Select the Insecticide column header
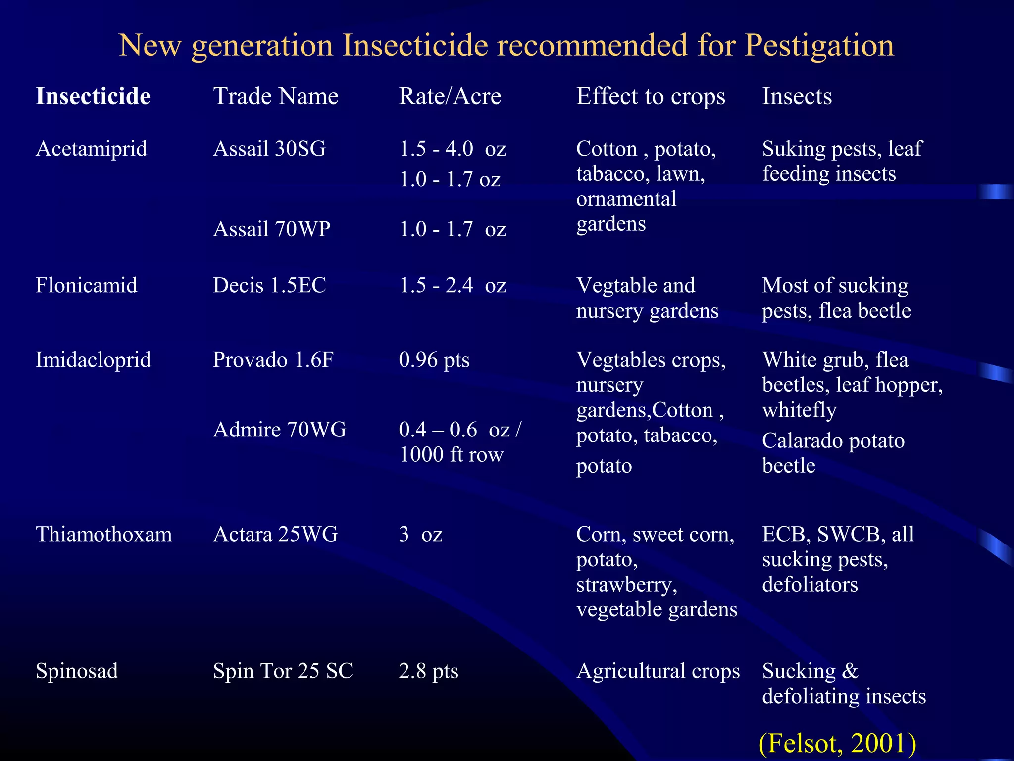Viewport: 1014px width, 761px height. [93, 96]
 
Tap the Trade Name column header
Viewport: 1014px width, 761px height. [276, 96]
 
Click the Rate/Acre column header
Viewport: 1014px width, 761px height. [450, 96]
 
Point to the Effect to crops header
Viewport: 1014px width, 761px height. [651, 96]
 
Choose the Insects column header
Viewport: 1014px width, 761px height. [797, 96]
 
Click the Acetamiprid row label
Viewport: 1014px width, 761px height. [92, 149]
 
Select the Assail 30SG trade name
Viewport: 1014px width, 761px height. [269, 149]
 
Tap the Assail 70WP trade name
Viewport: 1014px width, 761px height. [271, 229]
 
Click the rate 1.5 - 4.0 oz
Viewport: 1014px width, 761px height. [453, 149]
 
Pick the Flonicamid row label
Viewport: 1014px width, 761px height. [87, 286]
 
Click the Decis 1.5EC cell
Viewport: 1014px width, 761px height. [269, 286]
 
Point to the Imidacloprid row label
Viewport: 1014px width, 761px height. [93, 360]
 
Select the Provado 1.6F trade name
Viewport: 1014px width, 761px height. [273, 360]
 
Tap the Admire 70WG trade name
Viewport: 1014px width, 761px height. [280, 430]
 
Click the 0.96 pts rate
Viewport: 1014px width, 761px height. [434, 360]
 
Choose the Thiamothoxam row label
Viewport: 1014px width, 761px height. [104, 535]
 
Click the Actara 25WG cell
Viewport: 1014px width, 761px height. [275, 535]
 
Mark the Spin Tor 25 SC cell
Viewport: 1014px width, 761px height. [283, 671]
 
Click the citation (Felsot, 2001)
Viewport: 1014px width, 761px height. [837, 743]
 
